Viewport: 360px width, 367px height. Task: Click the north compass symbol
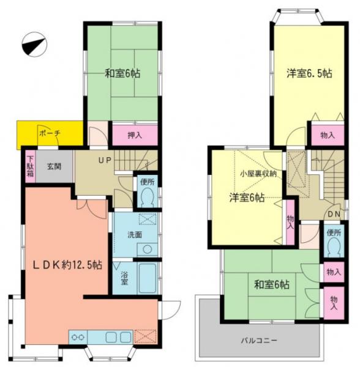pos(34,44)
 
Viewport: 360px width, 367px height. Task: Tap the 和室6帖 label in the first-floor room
pos(122,73)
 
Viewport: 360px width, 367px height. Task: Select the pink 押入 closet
pos(135,135)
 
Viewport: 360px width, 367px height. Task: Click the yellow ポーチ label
pos(50,133)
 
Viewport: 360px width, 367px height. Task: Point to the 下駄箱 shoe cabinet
pos(31,166)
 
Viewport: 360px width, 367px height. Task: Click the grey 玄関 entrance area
pos(54,166)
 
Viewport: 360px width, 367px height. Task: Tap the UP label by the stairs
pos(105,160)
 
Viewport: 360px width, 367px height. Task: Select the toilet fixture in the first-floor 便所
pos(148,197)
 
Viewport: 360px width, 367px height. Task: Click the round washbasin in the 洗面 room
pos(147,250)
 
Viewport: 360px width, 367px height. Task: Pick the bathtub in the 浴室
pos(148,278)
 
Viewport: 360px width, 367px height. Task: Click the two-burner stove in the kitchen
pos(78,337)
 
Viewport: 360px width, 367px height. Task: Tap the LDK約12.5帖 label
pos(67,265)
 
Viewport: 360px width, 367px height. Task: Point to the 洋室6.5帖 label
pos(309,73)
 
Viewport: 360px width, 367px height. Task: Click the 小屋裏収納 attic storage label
pos(258,174)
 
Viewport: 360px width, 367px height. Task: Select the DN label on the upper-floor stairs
pos(334,214)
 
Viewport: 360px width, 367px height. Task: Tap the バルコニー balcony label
pos(259,340)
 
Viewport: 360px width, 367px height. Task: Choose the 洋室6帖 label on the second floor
pos(247,198)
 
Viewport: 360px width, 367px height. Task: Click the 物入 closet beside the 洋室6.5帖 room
pos(328,135)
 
